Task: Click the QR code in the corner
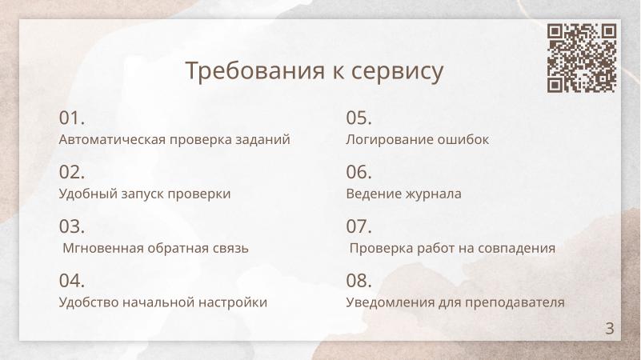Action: click(582, 58)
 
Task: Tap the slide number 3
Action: click(610, 327)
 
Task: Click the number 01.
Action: click(72, 118)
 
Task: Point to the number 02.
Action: click(72, 173)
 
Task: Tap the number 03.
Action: click(72, 227)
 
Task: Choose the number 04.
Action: click(72, 281)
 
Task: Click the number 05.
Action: click(359, 118)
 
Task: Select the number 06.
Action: click(359, 173)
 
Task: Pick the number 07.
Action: click(359, 227)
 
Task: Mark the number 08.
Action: click(359, 281)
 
